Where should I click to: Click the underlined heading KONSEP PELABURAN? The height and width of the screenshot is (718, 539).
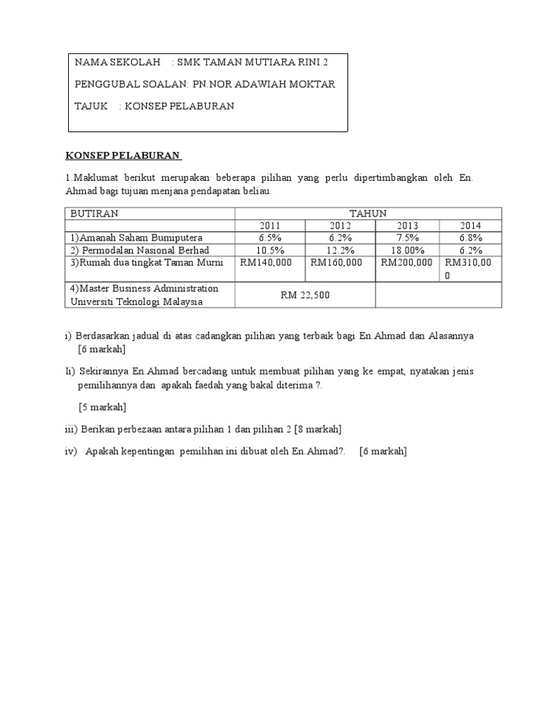(122, 155)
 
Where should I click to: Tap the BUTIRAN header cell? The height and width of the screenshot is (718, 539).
(94, 213)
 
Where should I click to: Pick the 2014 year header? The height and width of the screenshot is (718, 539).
(470, 226)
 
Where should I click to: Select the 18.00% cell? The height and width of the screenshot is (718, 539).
(407, 250)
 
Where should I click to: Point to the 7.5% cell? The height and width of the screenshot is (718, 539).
(407, 238)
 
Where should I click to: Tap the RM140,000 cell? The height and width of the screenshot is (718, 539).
(269, 263)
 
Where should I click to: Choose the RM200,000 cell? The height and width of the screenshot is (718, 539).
(407, 263)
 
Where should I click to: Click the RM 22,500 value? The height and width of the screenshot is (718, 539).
(305, 295)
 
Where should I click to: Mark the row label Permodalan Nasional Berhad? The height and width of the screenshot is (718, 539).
(140, 250)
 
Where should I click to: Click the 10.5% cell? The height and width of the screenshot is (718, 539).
(269, 250)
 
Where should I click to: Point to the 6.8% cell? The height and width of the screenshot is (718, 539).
(470, 238)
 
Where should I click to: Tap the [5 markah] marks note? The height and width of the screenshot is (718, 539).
(102, 407)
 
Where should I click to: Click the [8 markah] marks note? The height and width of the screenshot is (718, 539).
(318, 429)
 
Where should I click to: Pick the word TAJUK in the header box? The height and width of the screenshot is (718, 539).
(91, 106)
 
